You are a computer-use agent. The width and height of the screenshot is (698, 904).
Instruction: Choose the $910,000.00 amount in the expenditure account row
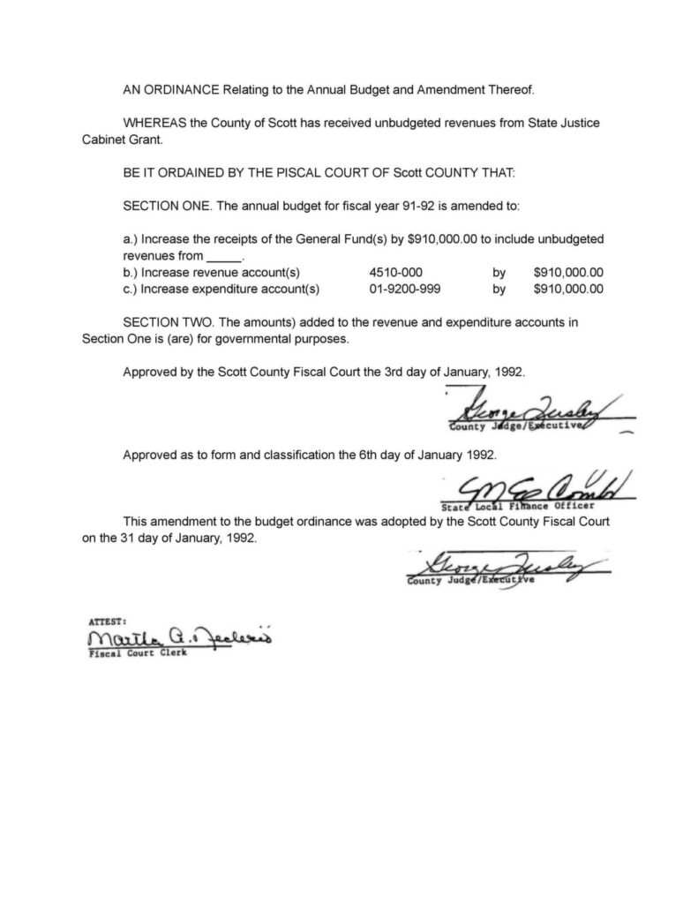(x=569, y=288)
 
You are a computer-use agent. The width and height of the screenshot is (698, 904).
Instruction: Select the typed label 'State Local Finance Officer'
(x=513, y=507)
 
